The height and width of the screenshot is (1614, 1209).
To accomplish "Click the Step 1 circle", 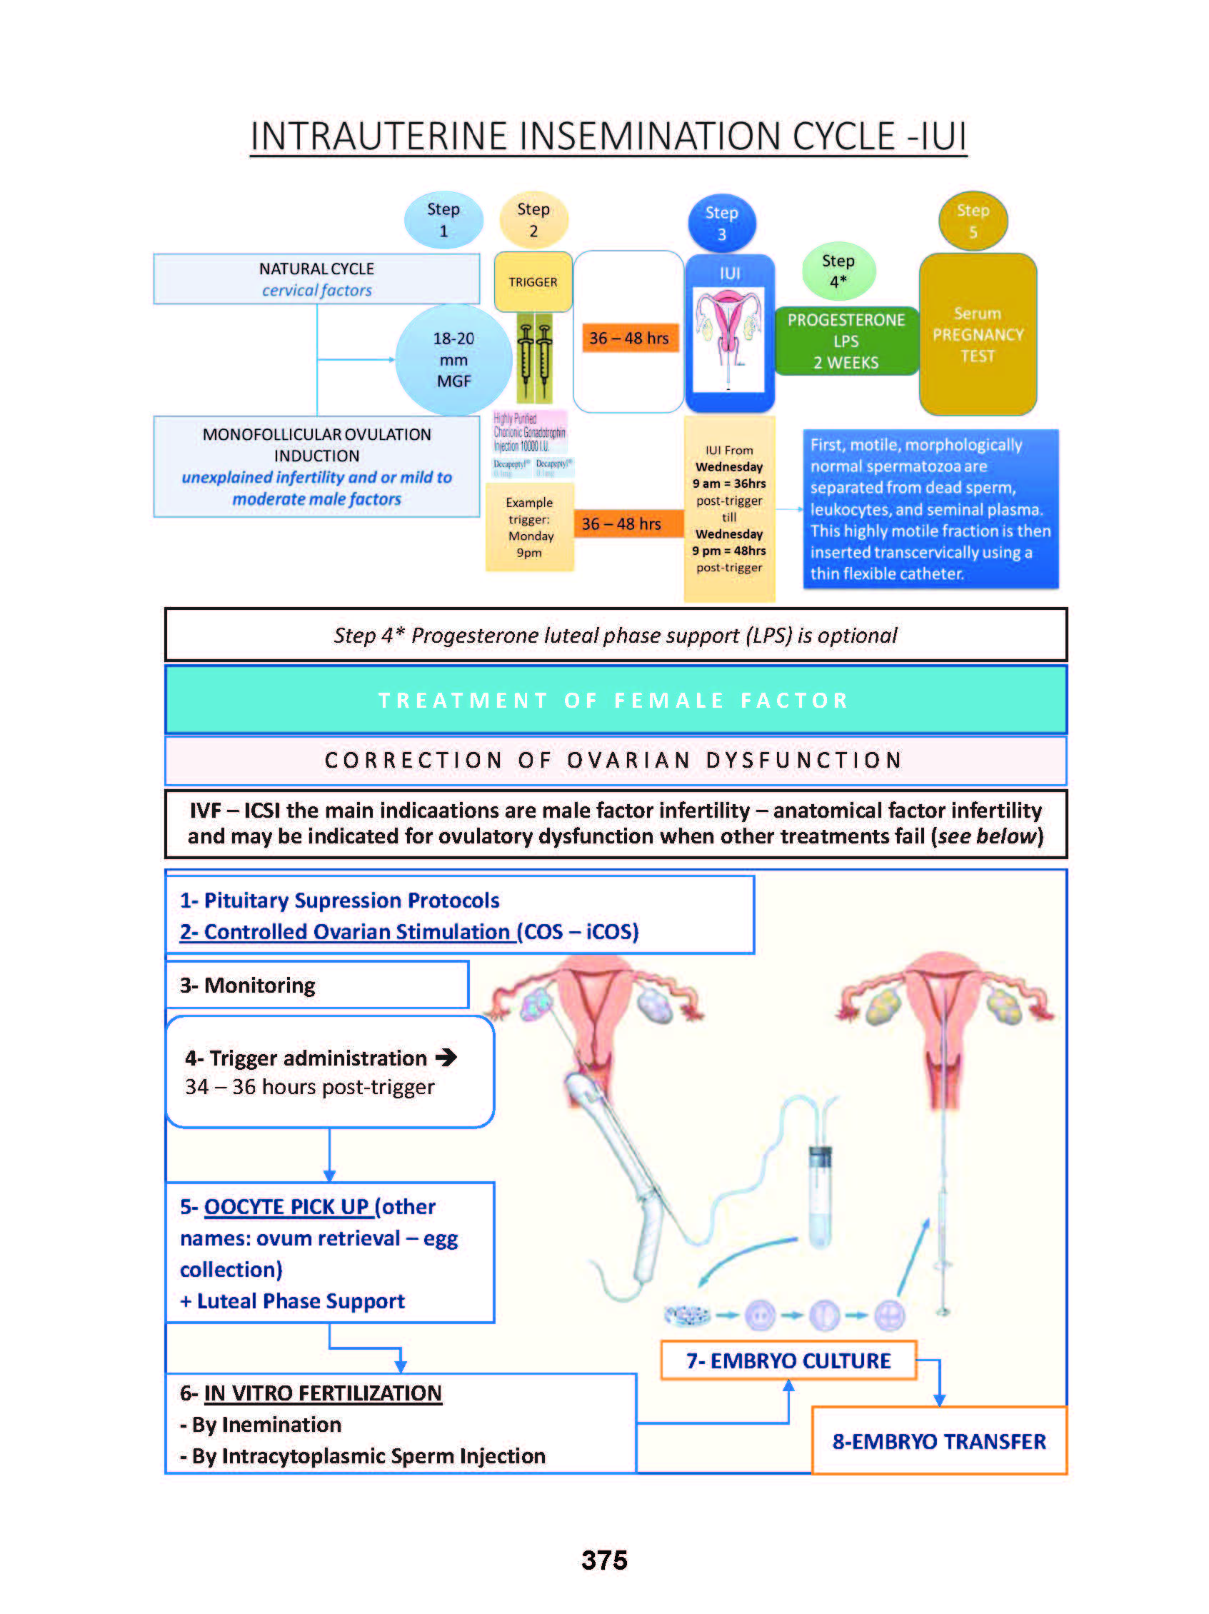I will coord(443,220).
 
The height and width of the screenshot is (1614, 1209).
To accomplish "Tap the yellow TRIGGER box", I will coord(533,281).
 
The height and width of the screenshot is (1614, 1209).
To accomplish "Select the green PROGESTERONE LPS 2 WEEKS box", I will coord(846,341).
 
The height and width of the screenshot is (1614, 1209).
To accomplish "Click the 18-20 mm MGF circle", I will coord(453,360).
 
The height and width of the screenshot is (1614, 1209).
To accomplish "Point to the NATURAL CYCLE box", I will coord(316,279).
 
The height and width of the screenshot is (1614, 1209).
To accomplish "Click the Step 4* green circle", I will coord(838,271).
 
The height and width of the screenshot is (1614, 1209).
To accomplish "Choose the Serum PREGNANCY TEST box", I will coord(977,334).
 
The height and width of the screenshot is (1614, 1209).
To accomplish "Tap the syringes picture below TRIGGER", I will coord(534,358).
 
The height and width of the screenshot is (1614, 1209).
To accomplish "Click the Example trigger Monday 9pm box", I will coord(530,527).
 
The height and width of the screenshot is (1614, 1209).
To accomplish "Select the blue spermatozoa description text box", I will coord(930,508).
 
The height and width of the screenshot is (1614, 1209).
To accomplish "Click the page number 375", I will coord(604,1560).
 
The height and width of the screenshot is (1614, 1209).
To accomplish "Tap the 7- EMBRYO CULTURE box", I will coord(788,1360).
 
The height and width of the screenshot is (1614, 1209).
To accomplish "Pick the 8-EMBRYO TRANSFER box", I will coord(938,1441).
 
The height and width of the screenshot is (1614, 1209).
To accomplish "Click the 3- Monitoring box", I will coord(317,985).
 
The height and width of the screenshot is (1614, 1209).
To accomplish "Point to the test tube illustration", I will coord(820,1197).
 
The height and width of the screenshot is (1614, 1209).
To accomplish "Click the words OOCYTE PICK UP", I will coord(287,1207).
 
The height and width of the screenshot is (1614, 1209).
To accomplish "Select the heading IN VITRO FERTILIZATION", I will coord(323,1393).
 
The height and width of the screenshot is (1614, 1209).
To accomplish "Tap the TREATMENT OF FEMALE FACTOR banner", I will coord(615,700).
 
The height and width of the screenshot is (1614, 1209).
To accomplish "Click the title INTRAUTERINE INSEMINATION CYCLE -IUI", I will coord(608,136).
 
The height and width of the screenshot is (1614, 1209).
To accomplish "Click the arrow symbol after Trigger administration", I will coord(446,1057).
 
